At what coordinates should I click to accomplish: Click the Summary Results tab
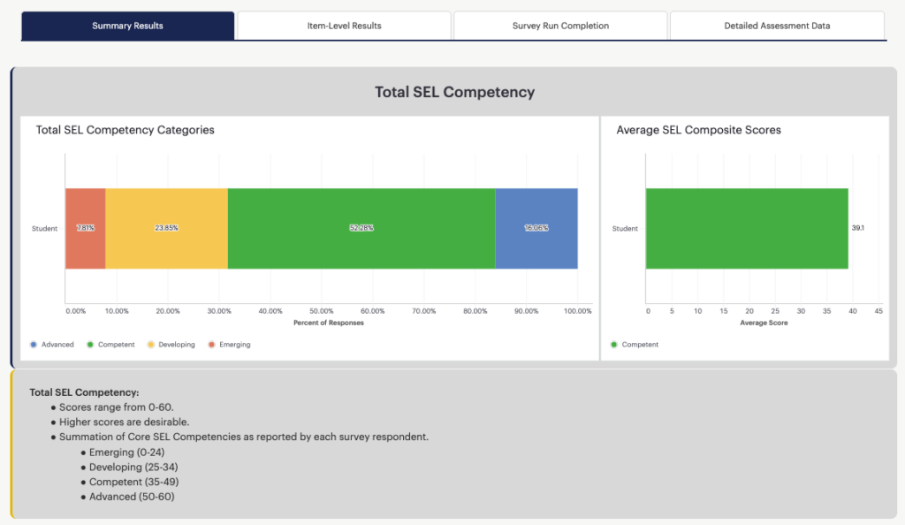point(127,26)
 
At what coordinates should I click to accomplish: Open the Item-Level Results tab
point(344,26)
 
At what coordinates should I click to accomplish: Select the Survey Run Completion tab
point(560,26)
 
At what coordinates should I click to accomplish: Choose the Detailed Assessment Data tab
point(777,26)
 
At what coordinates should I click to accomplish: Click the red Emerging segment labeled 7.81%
point(86,228)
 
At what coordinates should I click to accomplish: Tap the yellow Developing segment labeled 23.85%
point(166,228)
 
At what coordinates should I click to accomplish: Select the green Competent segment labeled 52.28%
point(361,228)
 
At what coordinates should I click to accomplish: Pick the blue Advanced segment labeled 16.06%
point(536,228)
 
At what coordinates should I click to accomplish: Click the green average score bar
point(747,228)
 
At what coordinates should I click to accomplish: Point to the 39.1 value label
point(857,228)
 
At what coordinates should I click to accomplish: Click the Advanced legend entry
point(52,345)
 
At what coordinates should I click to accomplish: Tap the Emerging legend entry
point(229,345)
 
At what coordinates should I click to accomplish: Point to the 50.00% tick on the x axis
point(322,311)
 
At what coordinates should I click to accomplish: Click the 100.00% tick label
point(578,311)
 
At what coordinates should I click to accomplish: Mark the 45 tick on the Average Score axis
point(878,311)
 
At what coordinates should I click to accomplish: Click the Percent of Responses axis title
point(329,323)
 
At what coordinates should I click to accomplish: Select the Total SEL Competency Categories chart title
point(125,130)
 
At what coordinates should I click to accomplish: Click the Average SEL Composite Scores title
point(698,130)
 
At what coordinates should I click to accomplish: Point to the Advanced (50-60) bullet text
point(132,497)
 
